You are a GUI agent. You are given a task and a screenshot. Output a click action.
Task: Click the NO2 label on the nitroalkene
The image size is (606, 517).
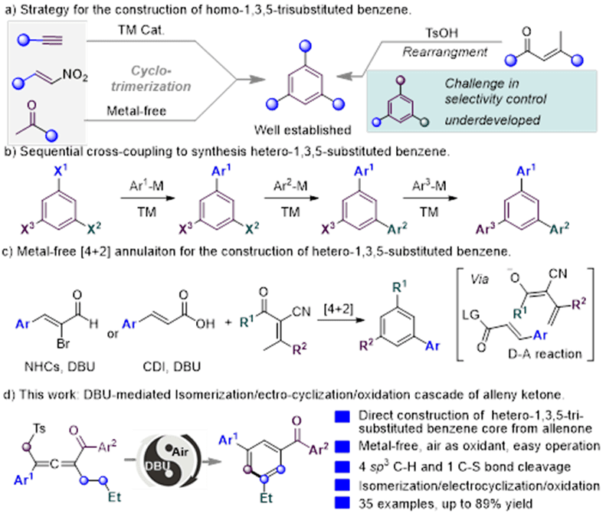(76, 74)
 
